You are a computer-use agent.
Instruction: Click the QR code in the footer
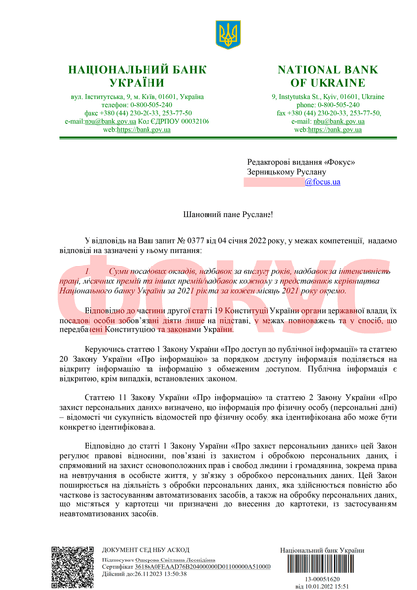point(71,563)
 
